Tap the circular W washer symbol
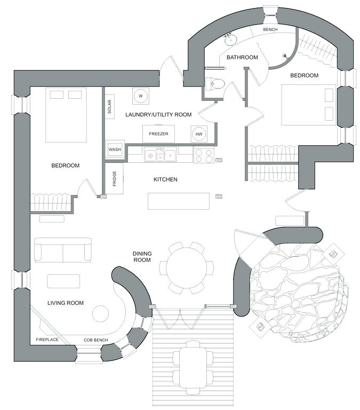pos(141,96)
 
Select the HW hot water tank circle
pos(199,133)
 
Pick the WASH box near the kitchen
pos(115,149)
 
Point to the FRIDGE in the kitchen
pos(115,178)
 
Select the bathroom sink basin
pos(231,39)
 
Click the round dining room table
pos(186,267)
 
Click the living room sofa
pos(62,249)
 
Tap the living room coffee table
pos(63,281)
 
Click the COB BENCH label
pos(96,340)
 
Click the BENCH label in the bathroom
pos(270,29)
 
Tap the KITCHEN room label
pos(165,179)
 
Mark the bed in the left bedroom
pos(66,116)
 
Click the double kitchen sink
pos(161,155)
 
